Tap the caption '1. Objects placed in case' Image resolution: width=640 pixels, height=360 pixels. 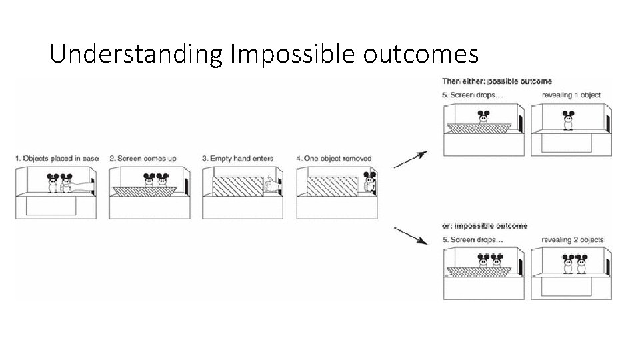[57, 158]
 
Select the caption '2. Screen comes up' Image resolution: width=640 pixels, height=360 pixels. [144, 158]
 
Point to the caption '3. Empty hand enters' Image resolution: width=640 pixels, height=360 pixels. [236, 158]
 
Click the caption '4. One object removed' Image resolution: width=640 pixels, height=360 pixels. [333, 158]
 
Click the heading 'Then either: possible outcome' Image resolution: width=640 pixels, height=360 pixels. [497, 81]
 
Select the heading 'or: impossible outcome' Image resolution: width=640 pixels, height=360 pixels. [485, 226]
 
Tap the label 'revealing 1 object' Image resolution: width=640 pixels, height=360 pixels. [571, 95]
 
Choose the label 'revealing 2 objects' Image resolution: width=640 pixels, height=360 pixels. [573, 239]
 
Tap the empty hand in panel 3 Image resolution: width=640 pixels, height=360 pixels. [271, 185]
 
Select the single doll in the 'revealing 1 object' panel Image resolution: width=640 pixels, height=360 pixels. [569, 121]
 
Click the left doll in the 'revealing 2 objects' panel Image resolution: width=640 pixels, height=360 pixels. [569, 265]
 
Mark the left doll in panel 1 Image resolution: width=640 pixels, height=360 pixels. [53, 183]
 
